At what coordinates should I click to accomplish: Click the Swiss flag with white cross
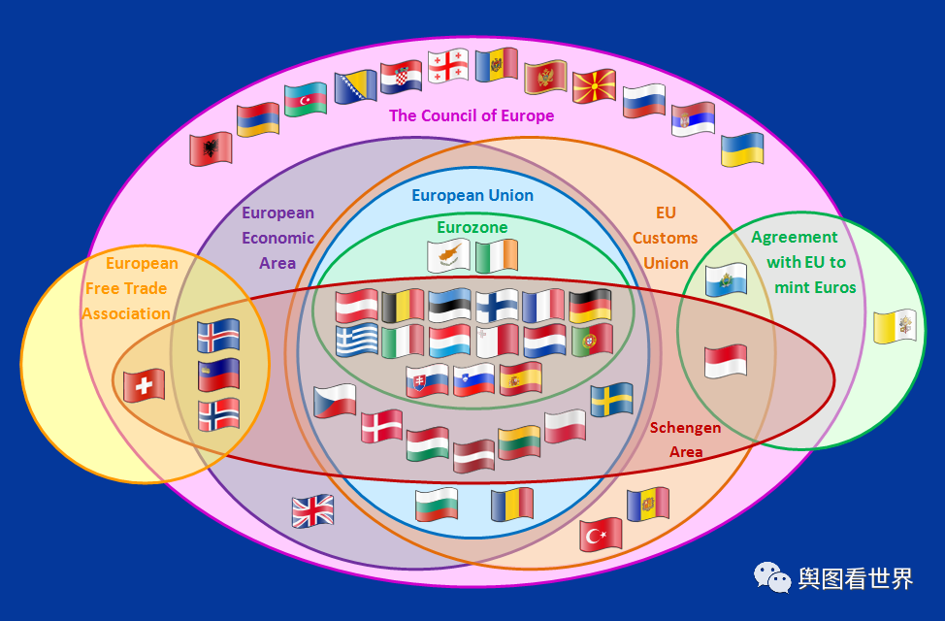[x=144, y=385]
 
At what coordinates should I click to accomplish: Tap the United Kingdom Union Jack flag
[x=312, y=510]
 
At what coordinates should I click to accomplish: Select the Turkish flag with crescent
[x=601, y=534]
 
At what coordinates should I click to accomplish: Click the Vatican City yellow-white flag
[x=895, y=327]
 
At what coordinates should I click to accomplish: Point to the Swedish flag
[x=612, y=399]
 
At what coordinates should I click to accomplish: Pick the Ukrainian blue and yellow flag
[x=742, y=149]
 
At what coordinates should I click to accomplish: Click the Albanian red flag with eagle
[x=211, y=148]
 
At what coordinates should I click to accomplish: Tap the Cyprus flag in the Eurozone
[x=449, y=256]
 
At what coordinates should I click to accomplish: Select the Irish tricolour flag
[x=496, y=255]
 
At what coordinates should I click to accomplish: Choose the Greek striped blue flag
[x=356, y=341]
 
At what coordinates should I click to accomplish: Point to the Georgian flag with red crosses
[x=448, y=65]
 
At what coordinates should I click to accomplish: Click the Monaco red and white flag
[x=726, y=361]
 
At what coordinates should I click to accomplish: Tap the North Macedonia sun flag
[x=594, y=86]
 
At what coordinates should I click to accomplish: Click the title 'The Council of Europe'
[x=472, y=116]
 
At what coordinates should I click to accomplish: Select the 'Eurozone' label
[x=472, y=227]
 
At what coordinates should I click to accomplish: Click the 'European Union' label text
[x=472, y=195]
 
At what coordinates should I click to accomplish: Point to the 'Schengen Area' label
[x=685, y=440]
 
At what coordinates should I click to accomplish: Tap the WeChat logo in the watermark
[x=773, y=578]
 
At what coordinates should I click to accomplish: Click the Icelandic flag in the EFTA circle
[x=218, y=336]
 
